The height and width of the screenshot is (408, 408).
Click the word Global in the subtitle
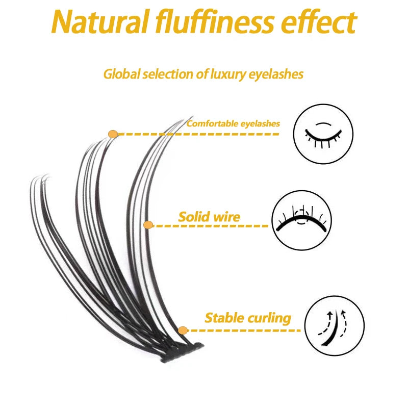[x=121, y=74]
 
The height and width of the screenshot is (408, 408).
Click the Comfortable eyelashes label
[x=233, y=123]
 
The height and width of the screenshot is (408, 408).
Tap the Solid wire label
[x=209, y=217]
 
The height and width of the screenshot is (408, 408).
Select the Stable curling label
[x=248, y=318]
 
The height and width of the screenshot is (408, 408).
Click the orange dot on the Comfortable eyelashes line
[x=113, y=134]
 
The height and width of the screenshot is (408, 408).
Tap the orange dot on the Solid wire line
[x=148, y=225]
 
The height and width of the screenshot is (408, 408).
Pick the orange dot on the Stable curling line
[x=184, y=330]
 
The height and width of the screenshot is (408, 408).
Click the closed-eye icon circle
[x=323, y=134]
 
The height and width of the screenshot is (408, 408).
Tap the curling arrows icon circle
[x=335, y=325]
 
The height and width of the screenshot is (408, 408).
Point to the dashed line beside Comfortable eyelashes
[x=199, y=134]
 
